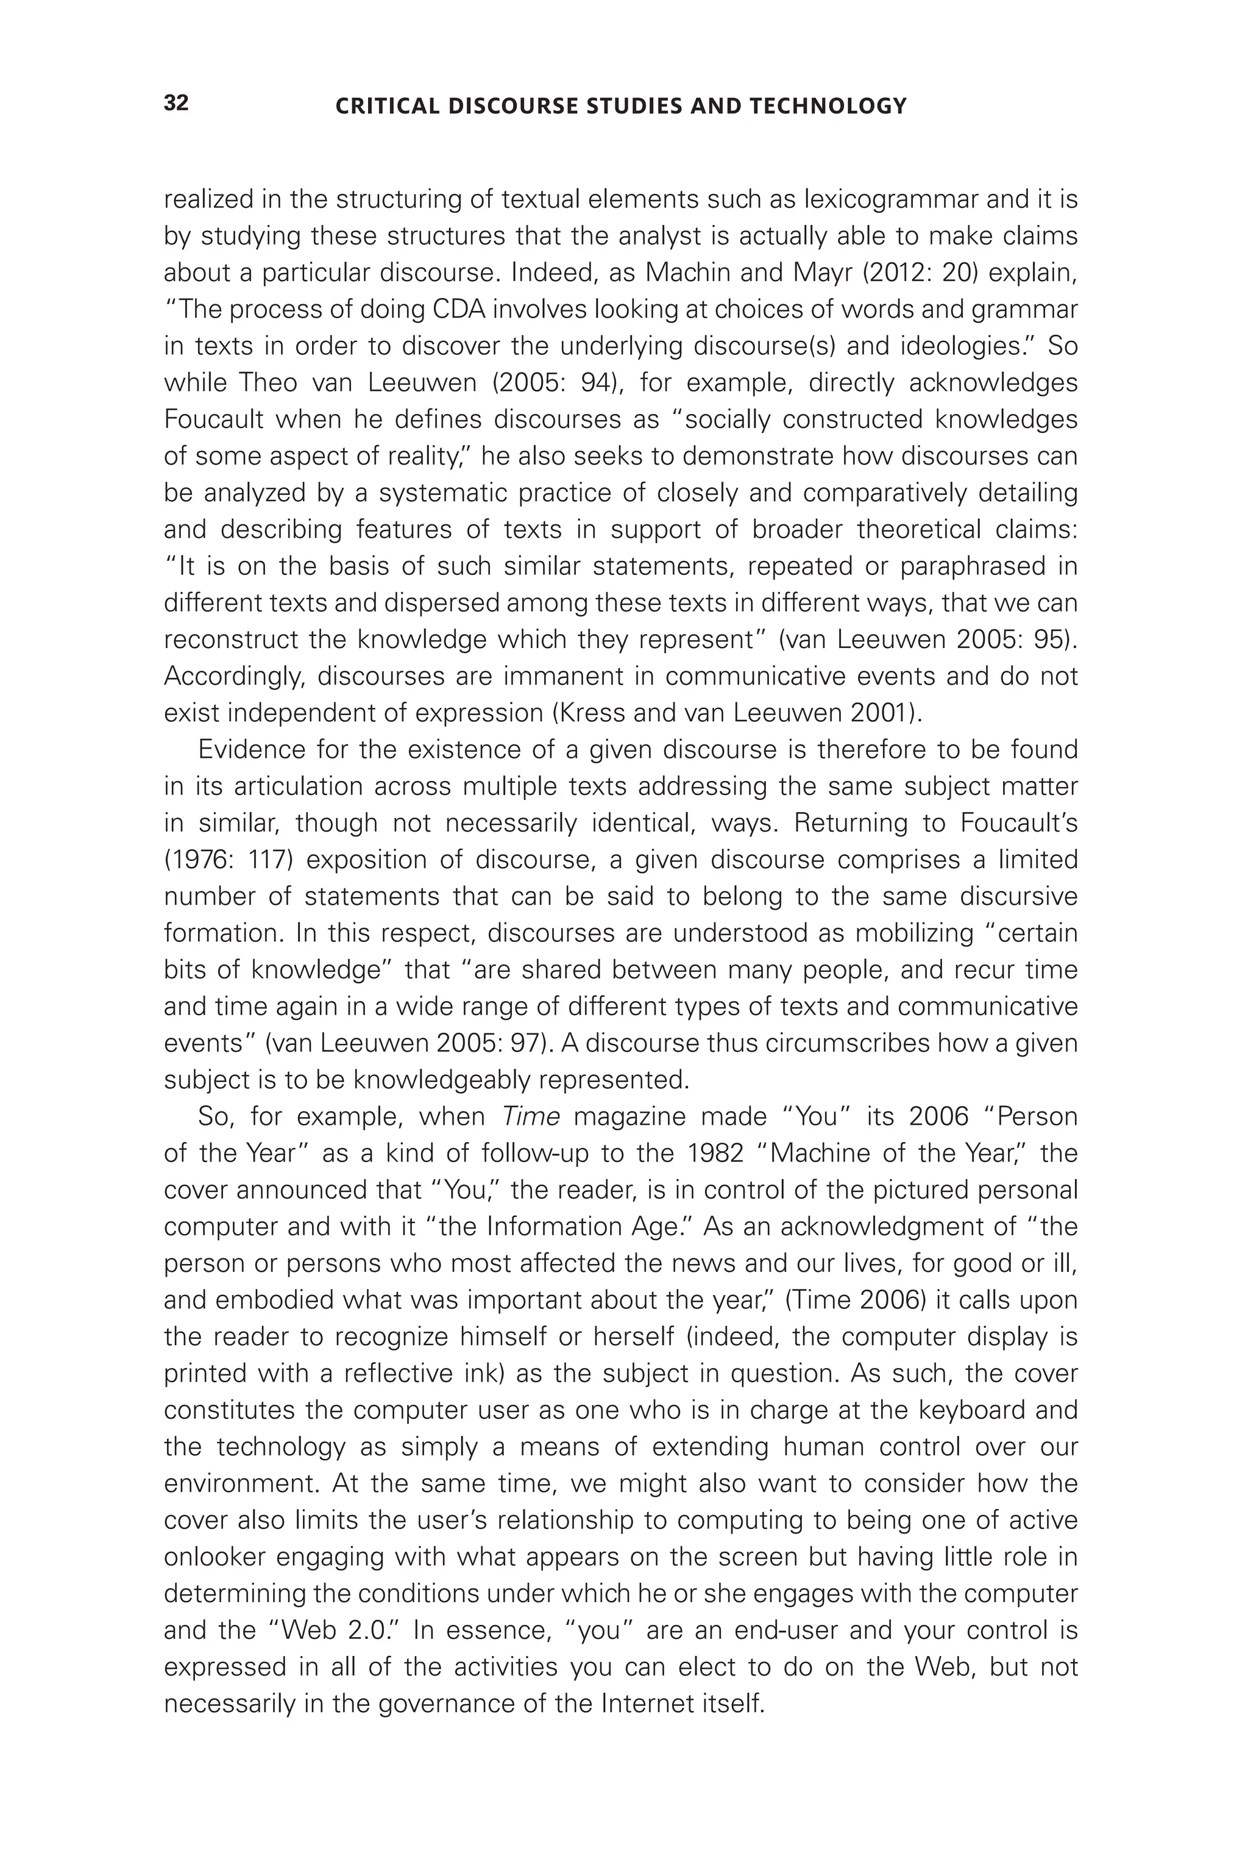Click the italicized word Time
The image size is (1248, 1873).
[531, 1116]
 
